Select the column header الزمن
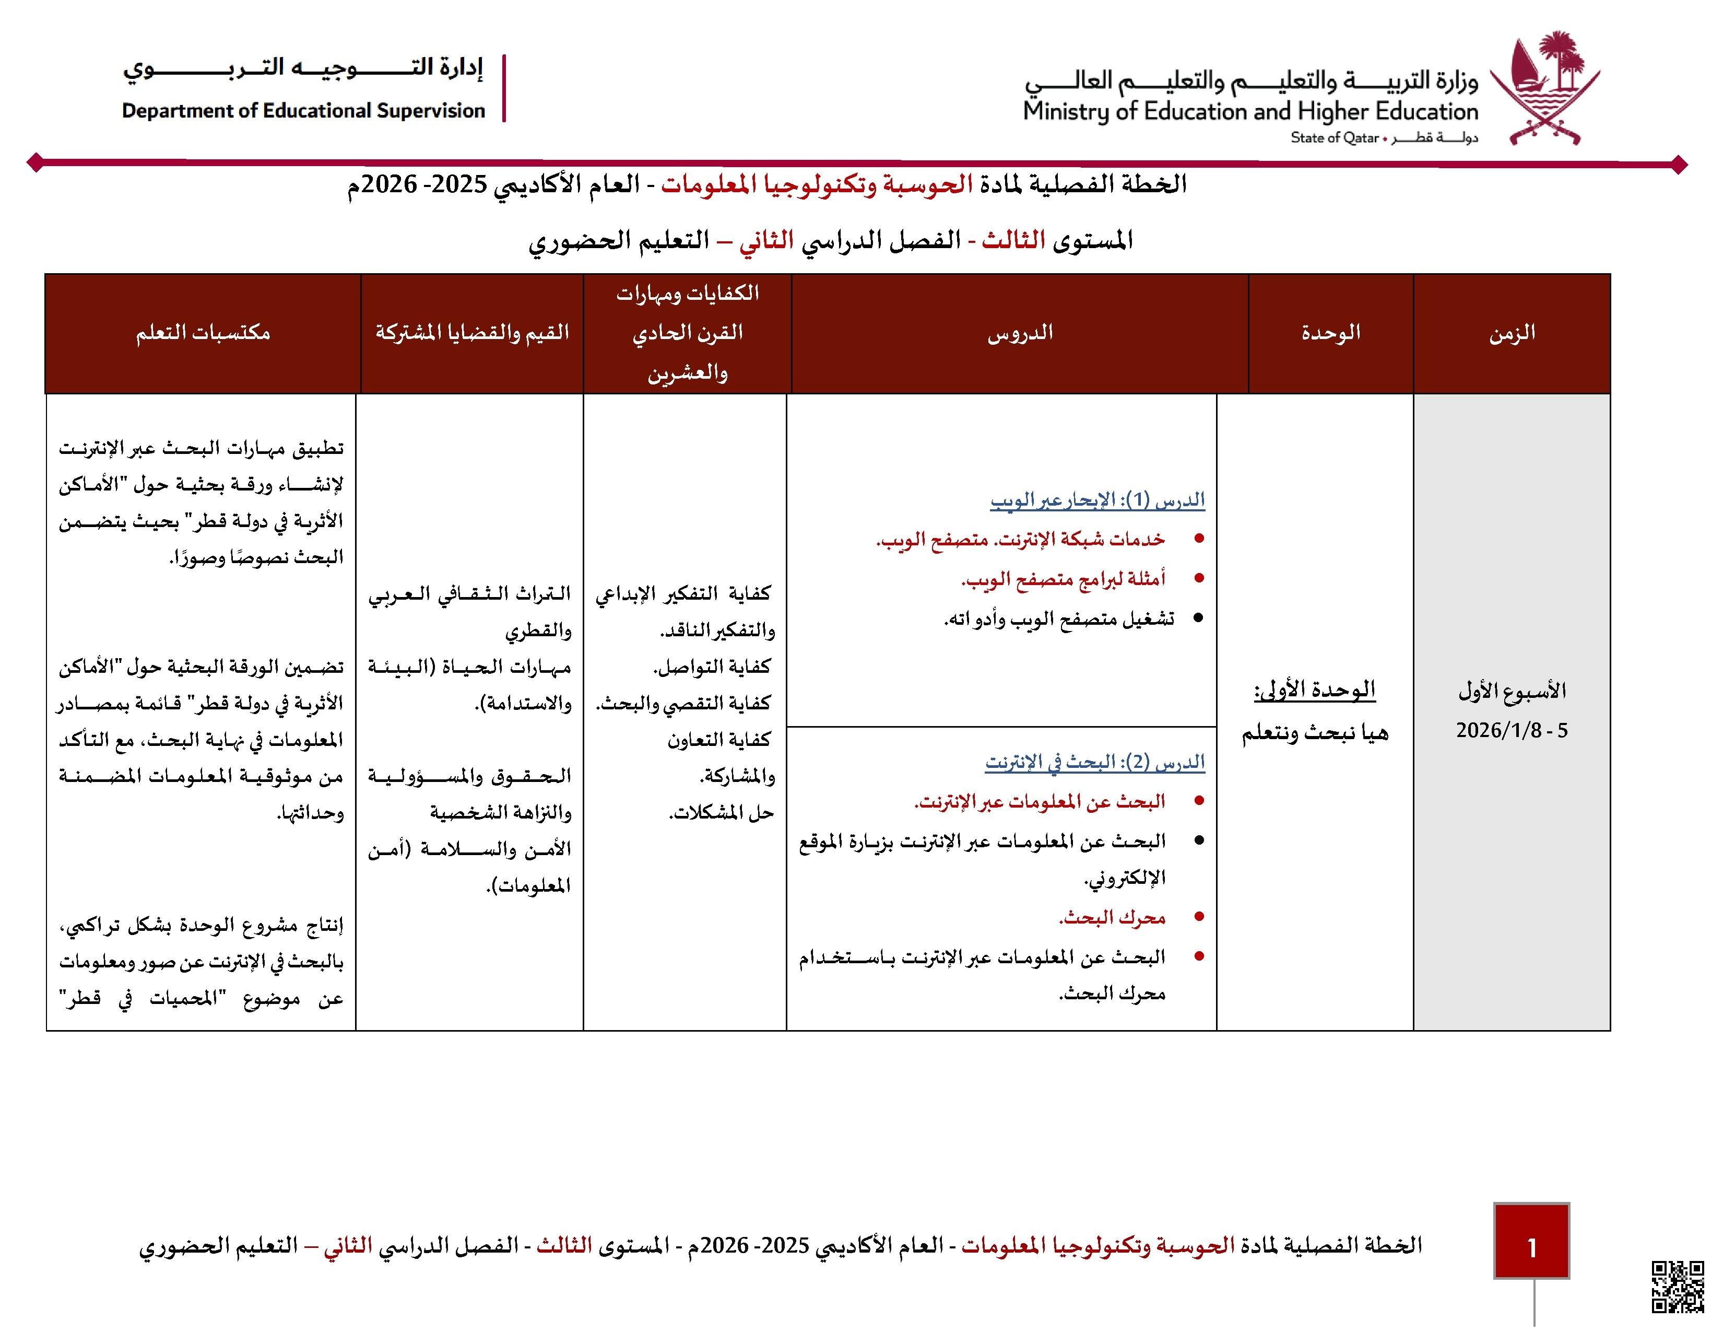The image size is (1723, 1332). [1512, 333]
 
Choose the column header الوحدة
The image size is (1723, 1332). [1331, 333]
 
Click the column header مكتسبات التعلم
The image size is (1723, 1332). [203, 333]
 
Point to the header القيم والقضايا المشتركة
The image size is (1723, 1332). [472, 333]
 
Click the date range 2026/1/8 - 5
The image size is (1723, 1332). [1512, 731]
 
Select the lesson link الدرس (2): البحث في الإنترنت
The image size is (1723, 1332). [1095, 762]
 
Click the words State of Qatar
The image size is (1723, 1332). [1334, 138]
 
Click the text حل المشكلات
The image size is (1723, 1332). [721, 813]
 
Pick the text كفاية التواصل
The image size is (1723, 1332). [712, 667]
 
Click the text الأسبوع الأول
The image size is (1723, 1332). [1512, 691]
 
